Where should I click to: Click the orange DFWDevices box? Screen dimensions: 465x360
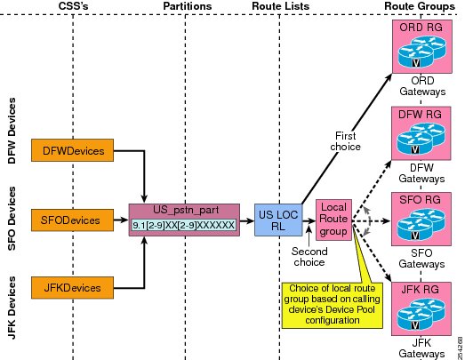[x=72, y=150]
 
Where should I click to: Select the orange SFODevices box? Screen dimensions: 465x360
[x=72, y=220]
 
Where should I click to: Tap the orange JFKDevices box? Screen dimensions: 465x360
[x=72, y=288]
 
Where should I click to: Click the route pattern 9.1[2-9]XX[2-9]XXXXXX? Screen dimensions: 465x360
[x=183, y=226]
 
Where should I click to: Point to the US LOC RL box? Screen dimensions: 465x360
[x=278, y=220]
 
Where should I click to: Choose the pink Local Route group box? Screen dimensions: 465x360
[x=333, y=220]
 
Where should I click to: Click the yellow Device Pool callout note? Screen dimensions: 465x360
[x=333, y=306]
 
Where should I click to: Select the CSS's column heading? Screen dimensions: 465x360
[x=73, y=6]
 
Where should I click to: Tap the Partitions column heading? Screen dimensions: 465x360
[x=188, y=6]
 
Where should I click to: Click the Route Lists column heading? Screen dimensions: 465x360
[x=281, y=6]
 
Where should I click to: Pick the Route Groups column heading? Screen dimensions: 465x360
[x=420, y=6]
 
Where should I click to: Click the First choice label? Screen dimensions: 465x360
[x=346, y=141]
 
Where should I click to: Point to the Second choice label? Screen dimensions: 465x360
[x=309, y=257]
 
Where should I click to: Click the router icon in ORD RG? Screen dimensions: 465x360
[x=421, y=52]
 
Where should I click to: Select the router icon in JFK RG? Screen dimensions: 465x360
[x=421, y=315]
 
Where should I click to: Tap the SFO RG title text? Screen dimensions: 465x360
[x=420, y=200]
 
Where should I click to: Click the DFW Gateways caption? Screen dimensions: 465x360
[x=421, y=173]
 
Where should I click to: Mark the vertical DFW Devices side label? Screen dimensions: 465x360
[x=12, y=131]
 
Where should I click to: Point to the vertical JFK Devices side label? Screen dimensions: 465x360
[x=12, y=308]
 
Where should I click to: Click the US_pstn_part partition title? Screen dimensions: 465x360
[x=186, y=210]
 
